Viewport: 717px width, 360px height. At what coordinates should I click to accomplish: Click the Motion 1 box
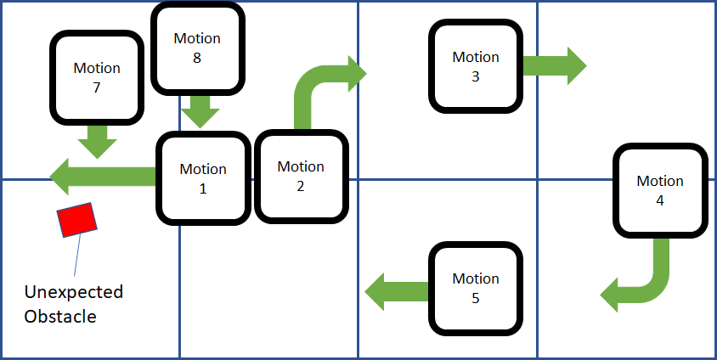[x=203, y=178]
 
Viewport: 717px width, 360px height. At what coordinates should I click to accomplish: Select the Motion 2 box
[x=301, y=176]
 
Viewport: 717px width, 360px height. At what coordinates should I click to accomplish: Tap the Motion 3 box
[x=475, y=66]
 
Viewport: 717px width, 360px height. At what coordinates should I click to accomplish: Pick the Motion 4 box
[x=660, y=190]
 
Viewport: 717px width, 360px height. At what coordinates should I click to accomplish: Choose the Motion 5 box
[x=475, y=288]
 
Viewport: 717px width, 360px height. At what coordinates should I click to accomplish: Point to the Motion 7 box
[x=97, y=76]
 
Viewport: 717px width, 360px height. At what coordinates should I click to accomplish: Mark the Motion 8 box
[x=197, y=48]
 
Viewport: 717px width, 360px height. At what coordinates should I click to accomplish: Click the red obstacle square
[x=77, y=220]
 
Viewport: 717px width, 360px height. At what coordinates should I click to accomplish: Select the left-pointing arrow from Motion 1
[x=102, y=177]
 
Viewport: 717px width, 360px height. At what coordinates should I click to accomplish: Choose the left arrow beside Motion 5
[x=396, y=291]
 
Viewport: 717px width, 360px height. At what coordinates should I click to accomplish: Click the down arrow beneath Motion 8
[x=200, y=110]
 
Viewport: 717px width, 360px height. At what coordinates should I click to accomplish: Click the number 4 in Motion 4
[x=660, y=201]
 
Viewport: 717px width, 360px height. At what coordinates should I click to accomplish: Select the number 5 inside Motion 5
[x=475, y=298]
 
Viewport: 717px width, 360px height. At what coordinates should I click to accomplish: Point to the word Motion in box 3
[x=475, y=57]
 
